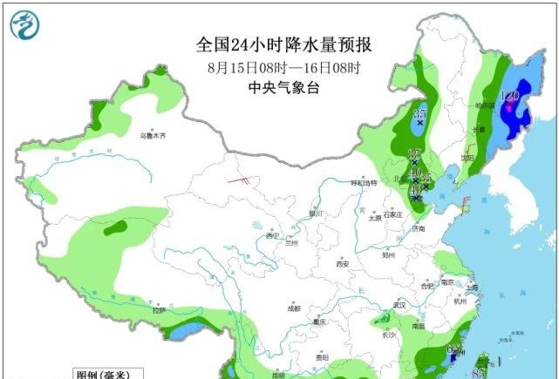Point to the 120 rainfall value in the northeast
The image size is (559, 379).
509,96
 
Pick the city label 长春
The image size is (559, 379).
480,130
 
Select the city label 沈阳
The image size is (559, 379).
468,159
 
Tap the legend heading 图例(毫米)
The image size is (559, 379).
103,375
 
